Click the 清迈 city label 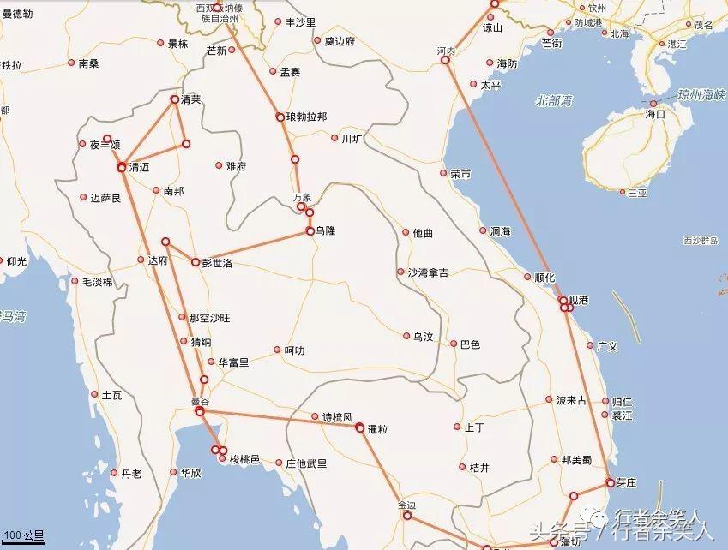pos(138,168)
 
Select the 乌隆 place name pos(325,231)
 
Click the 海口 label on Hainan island pos(655,113)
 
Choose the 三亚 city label pos(637,194)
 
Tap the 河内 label pos(446,51)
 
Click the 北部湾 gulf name pos(553,100)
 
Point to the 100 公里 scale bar pos(21,535)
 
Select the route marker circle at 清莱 pos(175,99)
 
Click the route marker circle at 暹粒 pos(360,427)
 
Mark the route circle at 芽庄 pos(610,482)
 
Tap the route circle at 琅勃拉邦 pos(280,117)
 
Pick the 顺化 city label pos(544,278)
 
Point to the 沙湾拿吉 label pos(427,272)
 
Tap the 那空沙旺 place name pos(209,318)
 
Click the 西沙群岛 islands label pos(701,241)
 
